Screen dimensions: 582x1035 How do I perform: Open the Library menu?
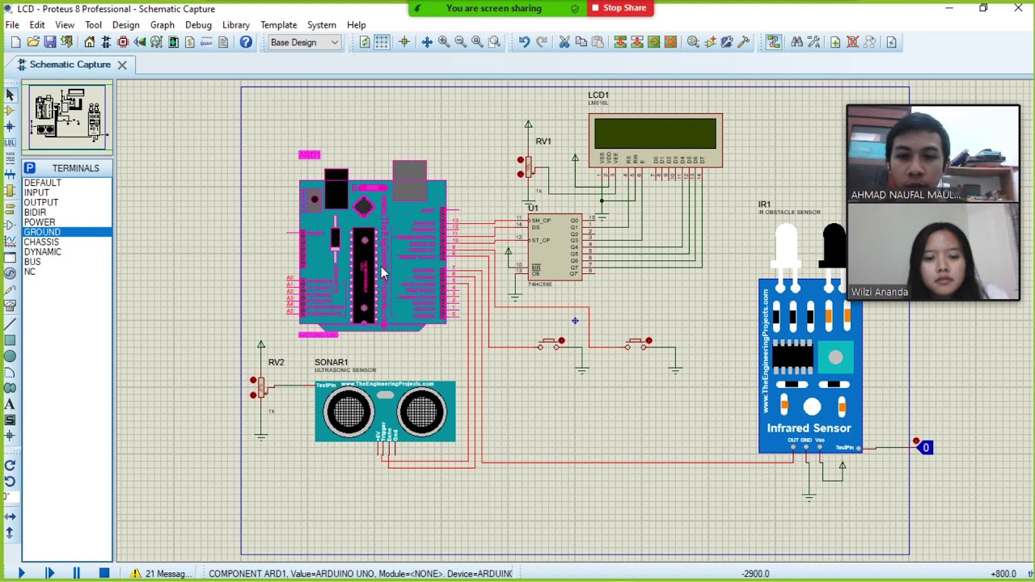point(235,25)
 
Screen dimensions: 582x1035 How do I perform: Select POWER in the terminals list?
point(40,222)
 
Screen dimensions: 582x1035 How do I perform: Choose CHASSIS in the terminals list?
point(41,242)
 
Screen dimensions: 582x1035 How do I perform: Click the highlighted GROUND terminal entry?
point(42,232)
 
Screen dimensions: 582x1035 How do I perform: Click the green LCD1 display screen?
point(655,133)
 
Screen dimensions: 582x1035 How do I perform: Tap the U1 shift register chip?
point(554,247)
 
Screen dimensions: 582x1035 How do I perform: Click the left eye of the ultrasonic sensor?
point(349,412)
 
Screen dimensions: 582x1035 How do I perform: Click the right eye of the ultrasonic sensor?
point(421,412)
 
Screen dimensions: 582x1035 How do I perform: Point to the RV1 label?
point(543,141)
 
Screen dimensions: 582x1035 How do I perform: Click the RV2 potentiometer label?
point(276,362)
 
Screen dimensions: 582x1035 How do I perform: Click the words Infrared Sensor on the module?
point(809,428)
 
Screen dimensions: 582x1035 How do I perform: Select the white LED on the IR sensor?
point(786,246)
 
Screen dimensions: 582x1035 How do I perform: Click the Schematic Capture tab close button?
point(122,65)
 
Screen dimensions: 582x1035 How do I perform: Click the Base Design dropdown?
point(304,42)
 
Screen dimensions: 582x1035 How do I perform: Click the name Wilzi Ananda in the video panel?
point(879,292)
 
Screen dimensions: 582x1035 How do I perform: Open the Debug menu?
point(198,25)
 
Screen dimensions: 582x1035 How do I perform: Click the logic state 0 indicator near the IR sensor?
point(926,448)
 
